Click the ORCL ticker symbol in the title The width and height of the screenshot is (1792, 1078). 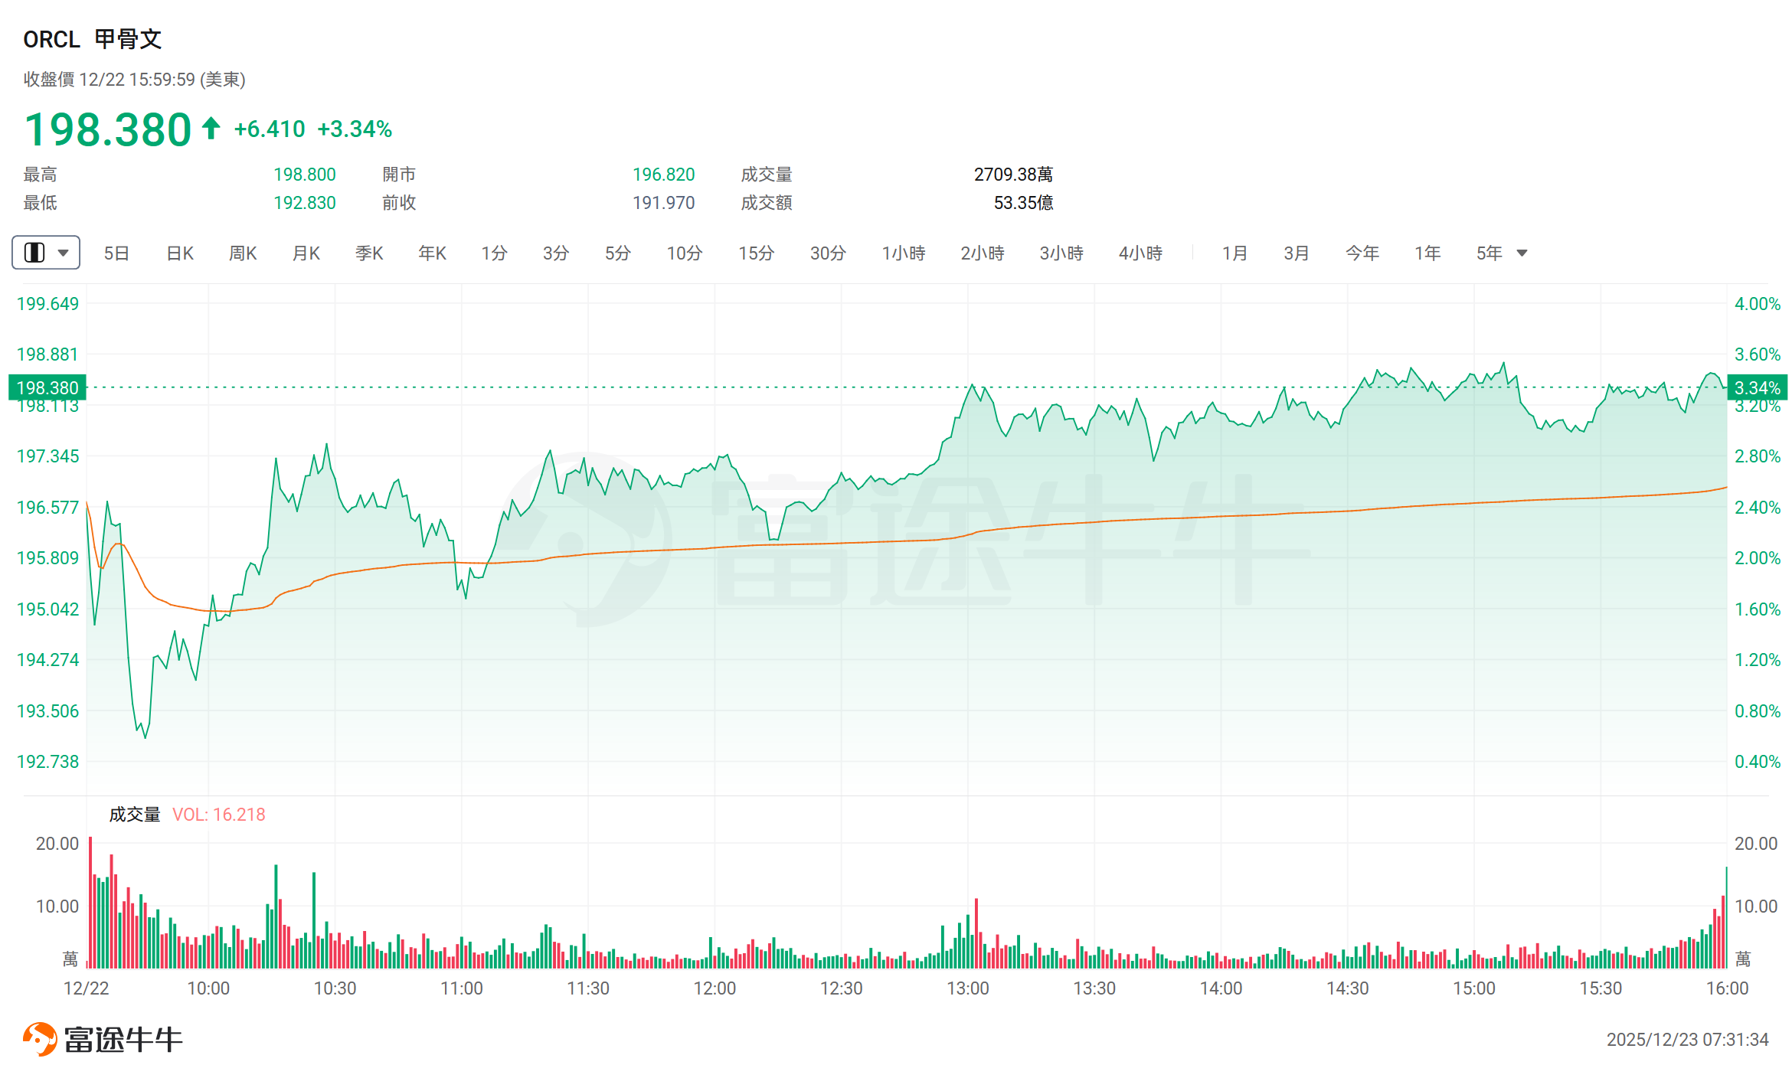51,39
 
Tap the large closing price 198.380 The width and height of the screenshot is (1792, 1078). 108,129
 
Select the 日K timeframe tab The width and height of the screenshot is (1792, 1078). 180,253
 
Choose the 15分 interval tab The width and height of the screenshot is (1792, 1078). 756,253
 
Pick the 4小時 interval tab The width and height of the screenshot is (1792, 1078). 1140,253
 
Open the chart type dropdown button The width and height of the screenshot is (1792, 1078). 46,253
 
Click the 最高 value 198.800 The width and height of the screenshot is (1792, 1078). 305,175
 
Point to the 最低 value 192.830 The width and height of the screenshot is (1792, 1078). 305,203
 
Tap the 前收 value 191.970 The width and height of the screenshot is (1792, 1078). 663,203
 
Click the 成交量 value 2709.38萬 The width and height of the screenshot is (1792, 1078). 1013,175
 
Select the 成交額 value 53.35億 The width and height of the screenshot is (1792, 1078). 1023,203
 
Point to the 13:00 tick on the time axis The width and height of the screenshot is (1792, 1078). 968,988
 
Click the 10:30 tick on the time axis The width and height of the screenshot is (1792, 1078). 335,988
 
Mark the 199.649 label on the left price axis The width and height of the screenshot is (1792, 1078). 47,304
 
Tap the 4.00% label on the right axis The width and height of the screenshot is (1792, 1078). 1758,304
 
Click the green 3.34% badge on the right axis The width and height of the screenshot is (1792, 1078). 1758,388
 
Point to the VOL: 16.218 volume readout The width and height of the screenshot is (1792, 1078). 219,815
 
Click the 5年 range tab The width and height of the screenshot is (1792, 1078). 1490,253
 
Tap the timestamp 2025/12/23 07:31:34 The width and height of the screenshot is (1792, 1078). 1687,1040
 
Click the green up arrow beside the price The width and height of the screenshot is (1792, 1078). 211,128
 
